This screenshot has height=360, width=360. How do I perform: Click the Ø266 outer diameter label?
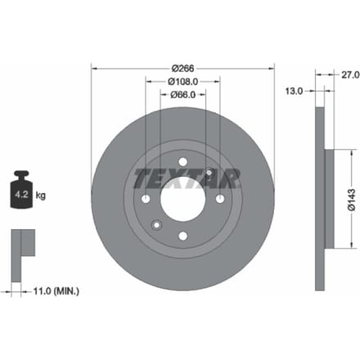tap(182, 68)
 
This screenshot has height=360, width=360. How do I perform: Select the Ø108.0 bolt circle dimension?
tap(182, 81)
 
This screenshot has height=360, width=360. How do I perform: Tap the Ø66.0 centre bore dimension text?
tap(183, 95)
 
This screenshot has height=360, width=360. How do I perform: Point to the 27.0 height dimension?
tap(350, 75)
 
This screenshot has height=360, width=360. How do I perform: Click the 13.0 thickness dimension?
tap(295, 91)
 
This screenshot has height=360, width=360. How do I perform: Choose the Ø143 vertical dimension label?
tap(352, 200)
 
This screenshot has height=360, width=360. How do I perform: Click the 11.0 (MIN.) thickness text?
tap(56, 291)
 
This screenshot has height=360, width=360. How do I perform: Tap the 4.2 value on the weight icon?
tap(21, 195)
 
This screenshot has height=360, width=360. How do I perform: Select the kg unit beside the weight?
tap(41, 196)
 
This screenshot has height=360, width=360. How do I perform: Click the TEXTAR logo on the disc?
tap(187, 178)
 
